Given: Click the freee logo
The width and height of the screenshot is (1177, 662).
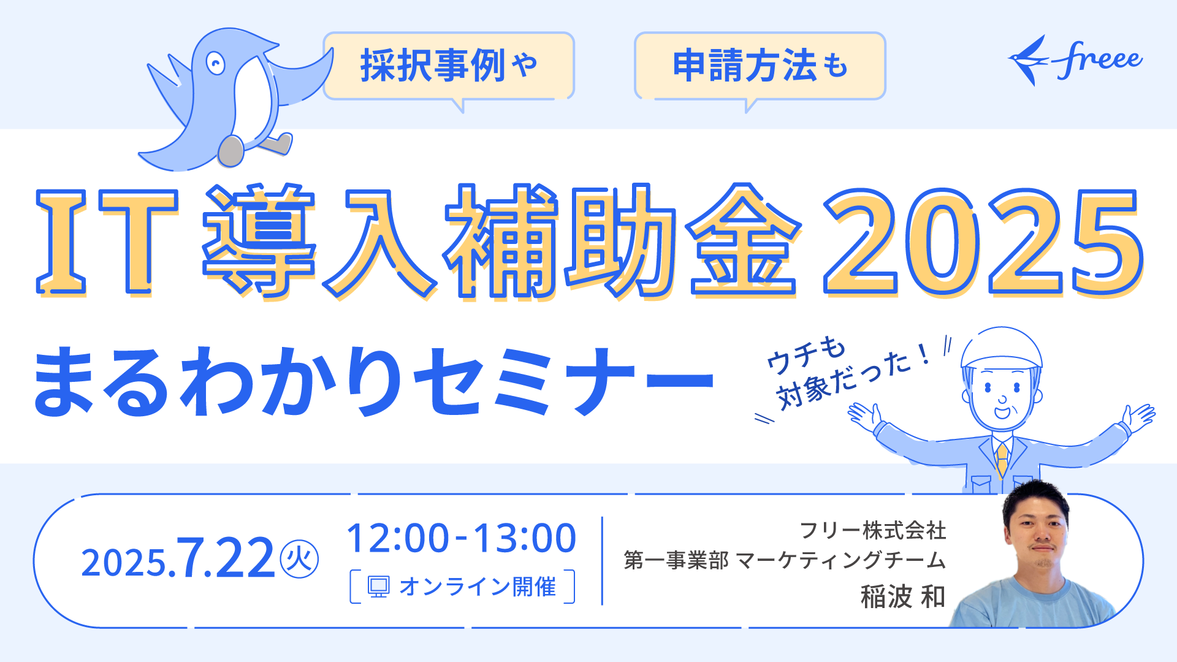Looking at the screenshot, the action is pyautogui.click(x=1075, y=60).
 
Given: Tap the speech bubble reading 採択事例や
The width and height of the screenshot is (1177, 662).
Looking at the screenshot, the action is pyautogui.click(x=449, y=66).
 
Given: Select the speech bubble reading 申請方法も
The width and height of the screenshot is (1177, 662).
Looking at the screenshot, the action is pyautogui.click(x=760, y=66).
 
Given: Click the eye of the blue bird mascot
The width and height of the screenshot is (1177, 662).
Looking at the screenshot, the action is pyautogui.click(x=215, y=63).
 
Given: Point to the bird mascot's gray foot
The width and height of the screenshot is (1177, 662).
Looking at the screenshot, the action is pyautogui.click(x=231, y=151).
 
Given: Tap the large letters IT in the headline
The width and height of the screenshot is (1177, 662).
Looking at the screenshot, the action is pyautogui.click(x=107, y=242).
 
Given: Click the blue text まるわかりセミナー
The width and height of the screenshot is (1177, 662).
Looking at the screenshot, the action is pyautogui.click(x=373, y=381).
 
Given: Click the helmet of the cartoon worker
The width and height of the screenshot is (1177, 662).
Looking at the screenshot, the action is pyautogui.click(x=1002, y=348).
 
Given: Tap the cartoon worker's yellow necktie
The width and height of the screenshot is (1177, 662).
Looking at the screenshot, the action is pyautogui.click(x=1002, y=459).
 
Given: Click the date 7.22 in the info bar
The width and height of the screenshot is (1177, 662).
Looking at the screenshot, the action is pyautogui.click(x=225, y=558).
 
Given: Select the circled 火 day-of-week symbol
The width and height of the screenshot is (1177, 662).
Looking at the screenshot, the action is pyautogui.click(x=299, y=560).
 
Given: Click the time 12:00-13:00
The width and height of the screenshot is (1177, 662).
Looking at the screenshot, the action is pyautogui.click(x=462, y=538).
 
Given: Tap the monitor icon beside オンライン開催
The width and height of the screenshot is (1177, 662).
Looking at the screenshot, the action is pyautogui.click(x=378, y=587).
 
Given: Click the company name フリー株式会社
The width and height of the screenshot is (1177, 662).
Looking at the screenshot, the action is pyautogui.click(x=873, y=530).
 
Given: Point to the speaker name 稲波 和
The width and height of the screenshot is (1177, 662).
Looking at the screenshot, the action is pyautogui.click(x=903, y=596).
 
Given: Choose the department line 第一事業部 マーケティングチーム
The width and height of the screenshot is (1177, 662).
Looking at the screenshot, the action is pyautogui.click(x=785, y=560).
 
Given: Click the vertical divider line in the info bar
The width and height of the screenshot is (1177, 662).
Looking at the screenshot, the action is pyautogui.click(x=602, y=561).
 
